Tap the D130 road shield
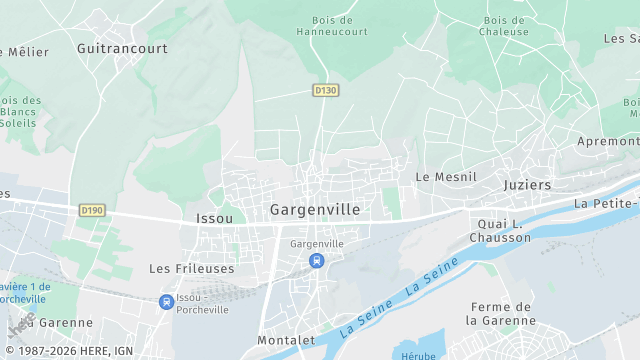point(325,90)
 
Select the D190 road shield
point(92,210)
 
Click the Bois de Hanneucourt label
point(332,25)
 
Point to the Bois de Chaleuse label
point(505,25)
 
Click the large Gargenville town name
point(315,210)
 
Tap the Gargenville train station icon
point(316,261)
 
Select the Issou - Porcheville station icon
point(166,302)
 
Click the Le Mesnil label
point(446,177)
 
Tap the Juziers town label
point(527,185)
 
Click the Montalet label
point(287,341)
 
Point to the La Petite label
point(606,203)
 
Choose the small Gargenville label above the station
point(316,244)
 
